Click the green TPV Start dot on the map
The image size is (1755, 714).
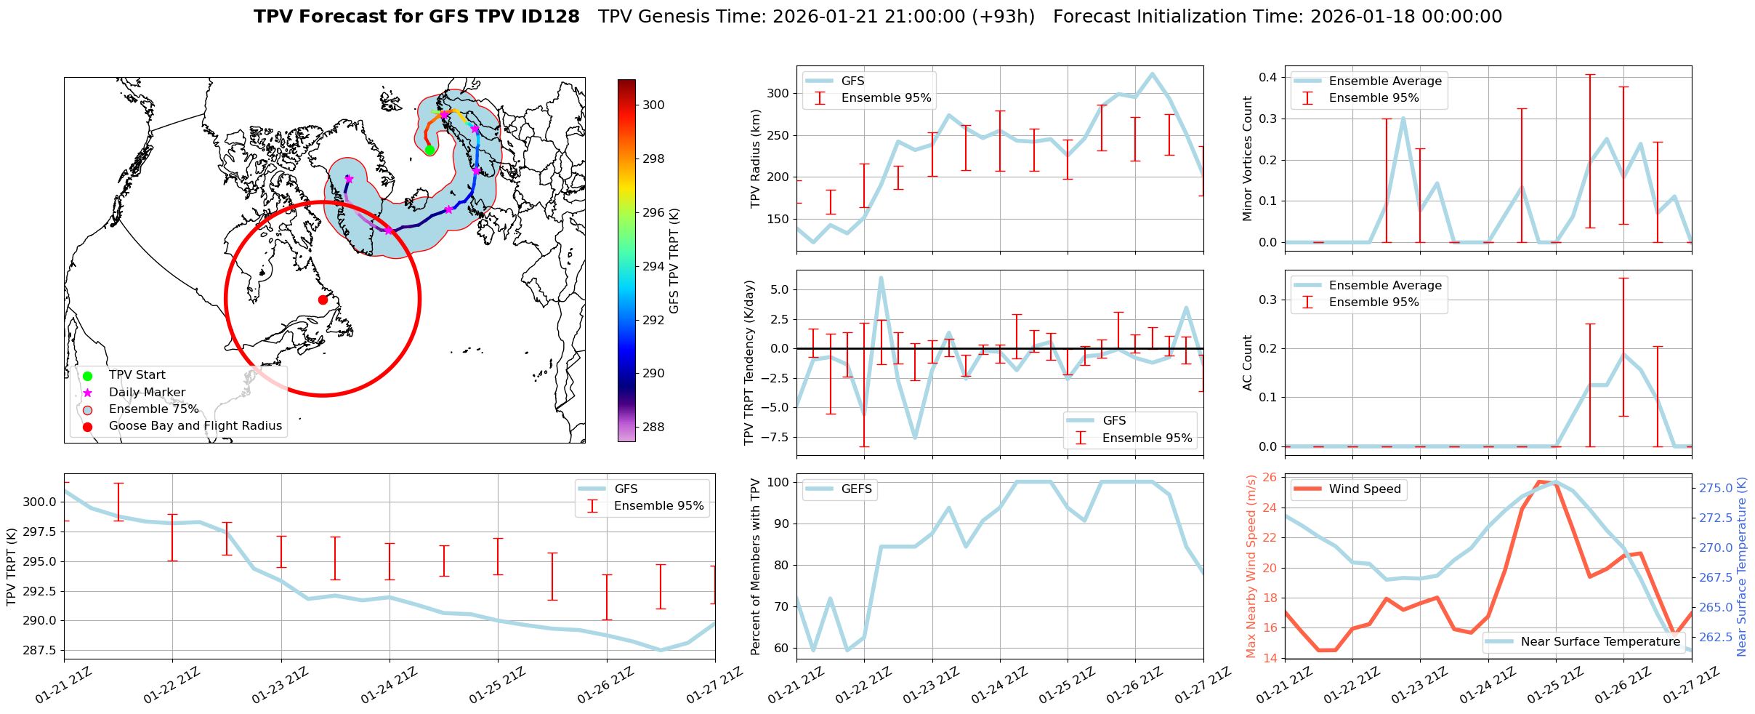click(429, 150)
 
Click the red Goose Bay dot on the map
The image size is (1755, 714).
click(323, 300)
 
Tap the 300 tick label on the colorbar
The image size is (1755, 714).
click(653, 105)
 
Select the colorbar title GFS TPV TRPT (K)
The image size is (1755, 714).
click(674, 261)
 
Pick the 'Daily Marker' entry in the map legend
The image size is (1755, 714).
click(147, 392)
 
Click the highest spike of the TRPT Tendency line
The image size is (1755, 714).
click(881, 278)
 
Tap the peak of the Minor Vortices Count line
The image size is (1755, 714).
click(1403, 119)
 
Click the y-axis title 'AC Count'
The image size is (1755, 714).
click(1248, 362)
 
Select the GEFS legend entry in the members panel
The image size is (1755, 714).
click(856, 489)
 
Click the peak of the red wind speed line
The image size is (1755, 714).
click(1538, 481)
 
